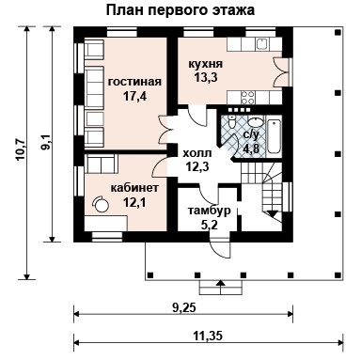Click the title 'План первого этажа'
180,10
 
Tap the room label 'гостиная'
134,82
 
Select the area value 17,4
134,96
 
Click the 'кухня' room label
204,62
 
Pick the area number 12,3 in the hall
196,167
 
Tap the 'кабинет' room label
134,187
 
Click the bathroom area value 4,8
252,149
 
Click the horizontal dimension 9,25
183,305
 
